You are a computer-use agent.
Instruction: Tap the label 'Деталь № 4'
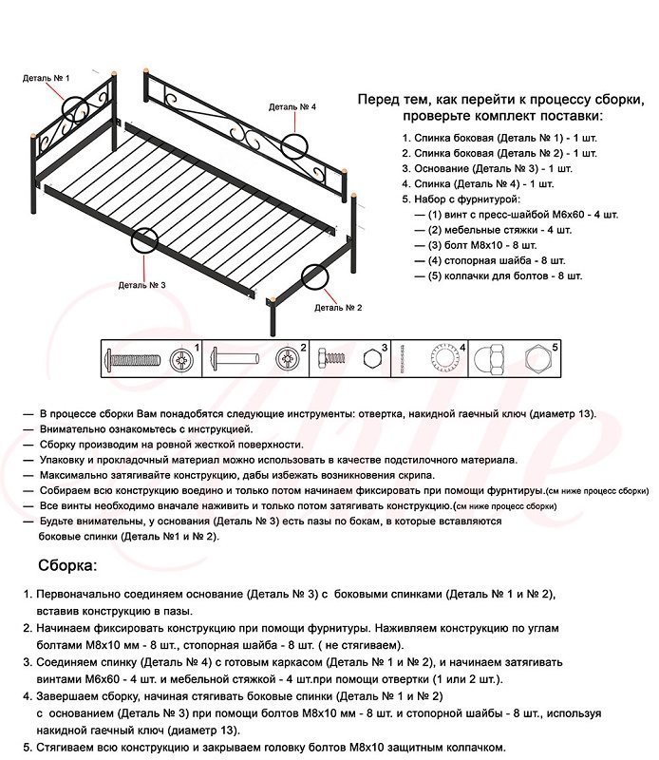(292, 107)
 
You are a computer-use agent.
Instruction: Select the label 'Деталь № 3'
(141, 284)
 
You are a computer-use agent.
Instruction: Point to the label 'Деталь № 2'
(338, 307)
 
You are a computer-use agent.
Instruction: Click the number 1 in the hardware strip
(196, 348)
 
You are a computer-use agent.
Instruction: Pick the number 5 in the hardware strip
(555, 348)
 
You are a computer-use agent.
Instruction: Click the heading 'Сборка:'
(66, 566)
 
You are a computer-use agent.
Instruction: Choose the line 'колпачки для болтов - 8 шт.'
(504, 275)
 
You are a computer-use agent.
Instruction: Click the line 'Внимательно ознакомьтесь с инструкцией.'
(145, 429)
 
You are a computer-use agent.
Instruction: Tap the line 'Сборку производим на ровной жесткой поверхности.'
(171, 445)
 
